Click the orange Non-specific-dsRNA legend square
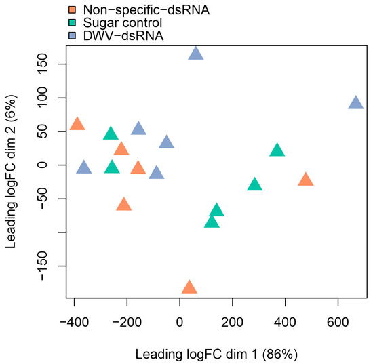(x=73, y=9)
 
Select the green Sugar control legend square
(x=73, y=21)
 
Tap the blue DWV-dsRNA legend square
(x=73, y=33)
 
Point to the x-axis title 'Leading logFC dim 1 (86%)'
(x=216, y=354)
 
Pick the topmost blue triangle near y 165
(x=196, y=54)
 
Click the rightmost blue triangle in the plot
(x=356, y=103)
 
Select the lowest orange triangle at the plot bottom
(x=189, y=288)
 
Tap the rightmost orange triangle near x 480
(x=306, y=180)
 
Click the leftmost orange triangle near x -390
(x=77, y=124)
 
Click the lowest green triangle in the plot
(x=212, y=222)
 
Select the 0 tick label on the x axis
(x=180, y=317)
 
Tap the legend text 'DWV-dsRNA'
(x=117, y=33)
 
